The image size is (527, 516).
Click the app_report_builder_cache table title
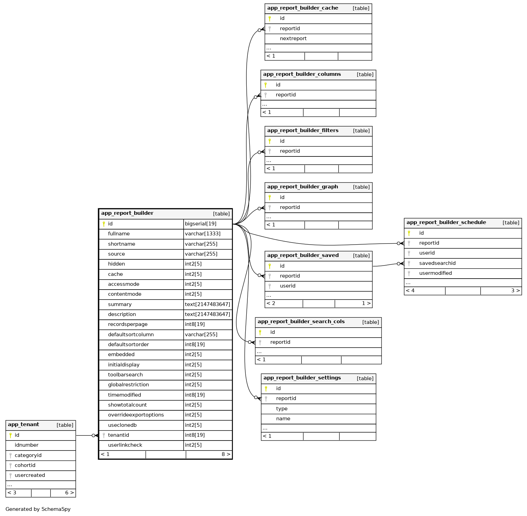tap(302, 8)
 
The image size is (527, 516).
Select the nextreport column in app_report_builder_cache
tap(293, 38)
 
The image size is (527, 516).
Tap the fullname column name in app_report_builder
tap(119, 234)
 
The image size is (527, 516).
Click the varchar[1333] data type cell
tap(202, 234)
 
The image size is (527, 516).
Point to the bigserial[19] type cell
tap(200, 224)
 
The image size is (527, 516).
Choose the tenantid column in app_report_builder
tap(118, 435)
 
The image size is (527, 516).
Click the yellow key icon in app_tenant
tap(11, 435)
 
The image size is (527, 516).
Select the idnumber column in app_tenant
tap(26, 445)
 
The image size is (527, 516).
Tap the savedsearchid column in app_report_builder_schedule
tap(437, 263)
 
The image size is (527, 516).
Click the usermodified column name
tap(435, 273)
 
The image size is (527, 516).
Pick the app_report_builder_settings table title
tap(302, 378)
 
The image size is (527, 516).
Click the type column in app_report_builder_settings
tap(282, 409)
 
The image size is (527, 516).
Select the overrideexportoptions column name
tap(136, 415)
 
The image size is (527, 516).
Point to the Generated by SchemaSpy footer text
tap(38, 509)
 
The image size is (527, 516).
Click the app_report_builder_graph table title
tap(302, 187)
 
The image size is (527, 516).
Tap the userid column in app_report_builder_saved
tap(288, 286)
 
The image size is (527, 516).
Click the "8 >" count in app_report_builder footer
tap(226, 454)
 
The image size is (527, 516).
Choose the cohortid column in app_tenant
tap(25, 465)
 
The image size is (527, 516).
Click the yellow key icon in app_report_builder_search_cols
tap(260, 332)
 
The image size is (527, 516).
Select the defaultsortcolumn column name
tap(131, 335)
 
